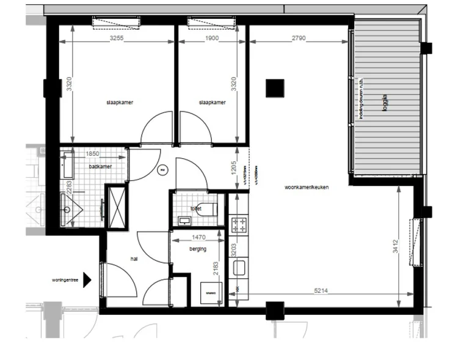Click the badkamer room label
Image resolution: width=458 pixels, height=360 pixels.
pos(98,166)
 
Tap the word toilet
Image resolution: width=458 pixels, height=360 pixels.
pos(195,208)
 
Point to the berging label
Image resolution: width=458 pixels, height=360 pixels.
pos(198,249)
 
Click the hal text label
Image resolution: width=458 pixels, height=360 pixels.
pos(134,259)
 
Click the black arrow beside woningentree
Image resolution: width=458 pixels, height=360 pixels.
pos(87,280)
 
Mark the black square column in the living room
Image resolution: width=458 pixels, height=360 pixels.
pos(275,89)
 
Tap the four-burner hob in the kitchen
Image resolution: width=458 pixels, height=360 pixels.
pos(239,225)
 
